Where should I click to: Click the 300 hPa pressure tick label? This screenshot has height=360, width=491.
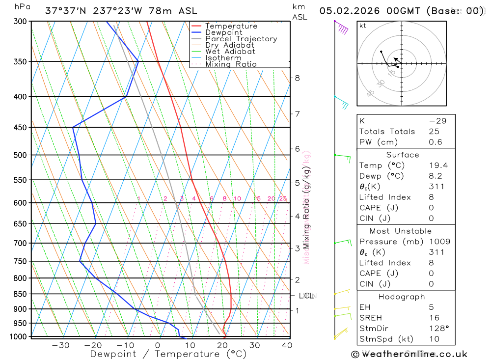20,21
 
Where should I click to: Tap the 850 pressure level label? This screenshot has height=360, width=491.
20,294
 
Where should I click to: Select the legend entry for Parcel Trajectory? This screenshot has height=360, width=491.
241,39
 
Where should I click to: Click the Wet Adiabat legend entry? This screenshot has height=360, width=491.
230,52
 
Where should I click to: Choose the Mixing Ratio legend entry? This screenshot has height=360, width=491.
231,64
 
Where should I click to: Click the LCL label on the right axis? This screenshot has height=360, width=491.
306,296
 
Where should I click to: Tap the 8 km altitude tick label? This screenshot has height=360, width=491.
297,78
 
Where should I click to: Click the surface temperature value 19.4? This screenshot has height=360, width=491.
438,166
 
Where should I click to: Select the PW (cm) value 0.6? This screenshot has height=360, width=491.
436,142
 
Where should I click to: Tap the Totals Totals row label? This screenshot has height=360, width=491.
387,132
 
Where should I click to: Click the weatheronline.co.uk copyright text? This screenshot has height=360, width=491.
409,354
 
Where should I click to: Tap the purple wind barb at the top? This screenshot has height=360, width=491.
342,28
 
